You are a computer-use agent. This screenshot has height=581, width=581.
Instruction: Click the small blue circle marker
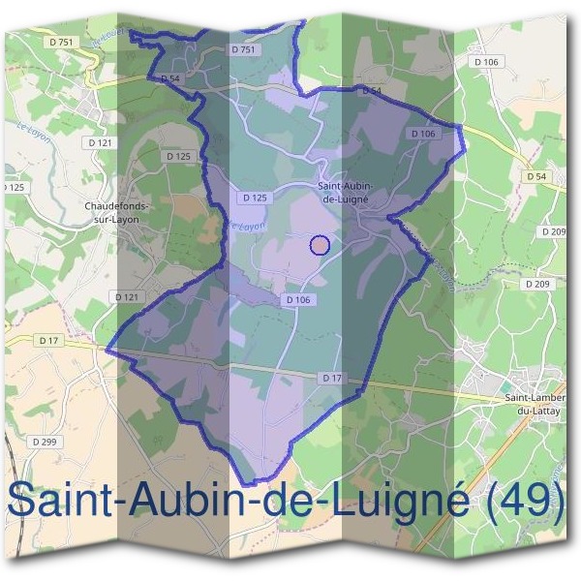click(320, 244)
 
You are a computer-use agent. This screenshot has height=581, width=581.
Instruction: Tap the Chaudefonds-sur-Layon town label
click(121, 212)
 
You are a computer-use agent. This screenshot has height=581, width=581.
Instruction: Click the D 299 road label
click(45, 442)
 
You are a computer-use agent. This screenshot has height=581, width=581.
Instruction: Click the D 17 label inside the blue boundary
click(331, 377)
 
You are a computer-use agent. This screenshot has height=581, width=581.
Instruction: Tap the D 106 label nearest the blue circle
click(298, 300)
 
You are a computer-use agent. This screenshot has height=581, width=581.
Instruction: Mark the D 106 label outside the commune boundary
click(490, 62)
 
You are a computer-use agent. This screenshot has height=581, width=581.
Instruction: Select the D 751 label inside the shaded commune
click(243, 49)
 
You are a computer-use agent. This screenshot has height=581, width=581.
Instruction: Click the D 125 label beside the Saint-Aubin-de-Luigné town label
click(255, 198)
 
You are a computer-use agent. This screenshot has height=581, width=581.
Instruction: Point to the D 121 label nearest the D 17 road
click(127, 296)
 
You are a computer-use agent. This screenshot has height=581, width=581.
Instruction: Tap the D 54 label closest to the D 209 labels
click(537, 176)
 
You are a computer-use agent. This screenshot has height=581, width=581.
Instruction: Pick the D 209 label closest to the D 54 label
click(555, 231)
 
